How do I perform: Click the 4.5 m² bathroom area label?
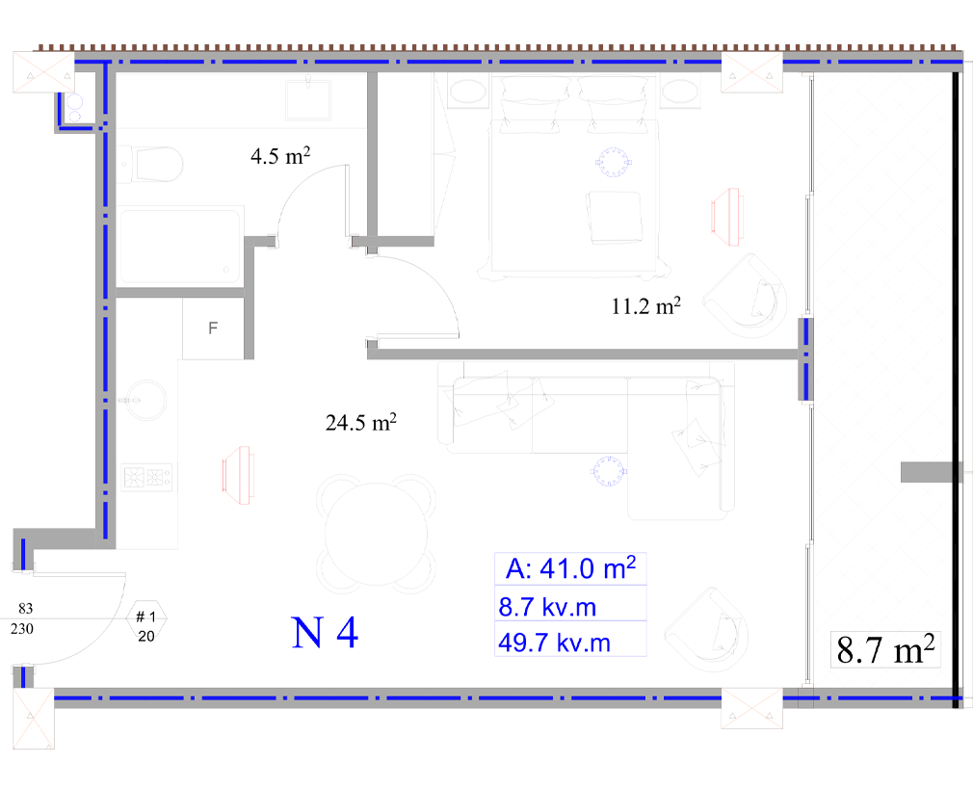280,155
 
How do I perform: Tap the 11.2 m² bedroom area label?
646,306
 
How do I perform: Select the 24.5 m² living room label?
361,423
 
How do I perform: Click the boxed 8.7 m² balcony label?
885,649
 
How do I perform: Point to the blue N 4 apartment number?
325,633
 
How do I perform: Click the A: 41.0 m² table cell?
570,568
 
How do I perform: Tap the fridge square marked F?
213,328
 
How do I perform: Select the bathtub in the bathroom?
180,247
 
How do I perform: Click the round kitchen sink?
145,400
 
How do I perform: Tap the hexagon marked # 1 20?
146,626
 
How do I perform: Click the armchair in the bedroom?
746,296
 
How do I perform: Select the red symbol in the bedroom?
726,217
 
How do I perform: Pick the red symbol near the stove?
238,475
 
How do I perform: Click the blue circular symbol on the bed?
613,162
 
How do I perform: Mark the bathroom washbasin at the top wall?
308,99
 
